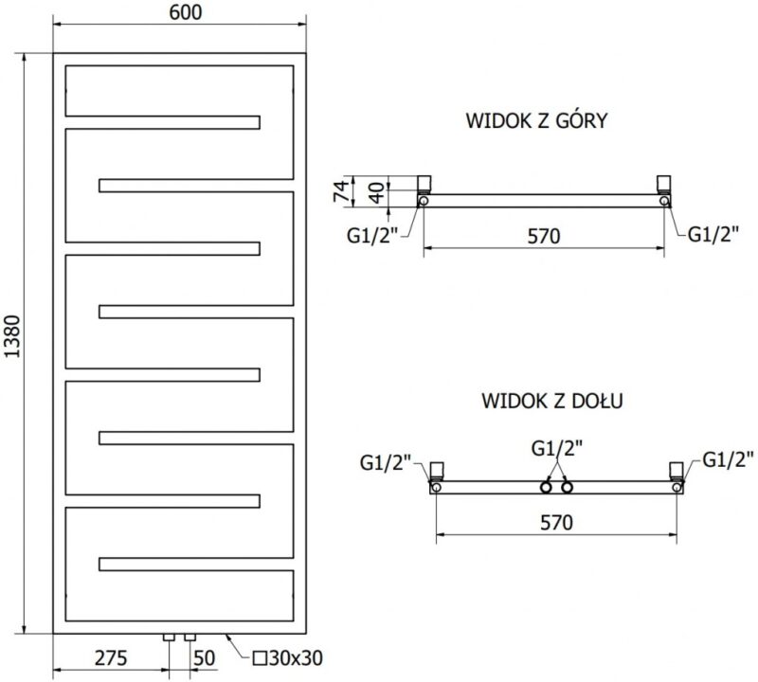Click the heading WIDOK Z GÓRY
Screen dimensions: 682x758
tap(537, 121)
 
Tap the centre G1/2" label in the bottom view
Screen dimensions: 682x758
tap(557, 447)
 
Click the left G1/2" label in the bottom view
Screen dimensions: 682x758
tap(386, 462)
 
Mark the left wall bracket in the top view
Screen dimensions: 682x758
tap(424, 184)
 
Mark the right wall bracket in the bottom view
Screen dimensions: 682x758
tap(677, 470)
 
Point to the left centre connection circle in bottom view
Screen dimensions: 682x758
tap(547, 488)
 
